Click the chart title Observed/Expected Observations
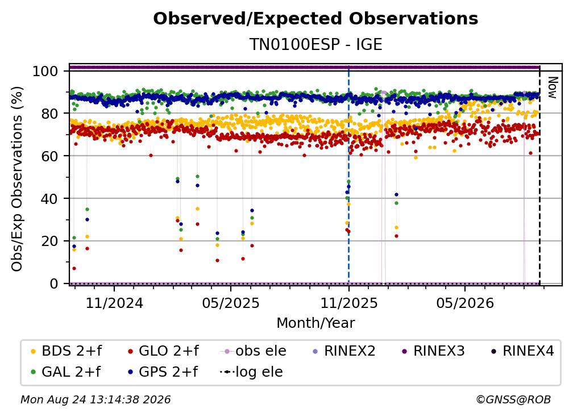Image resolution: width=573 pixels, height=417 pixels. coord(315,19)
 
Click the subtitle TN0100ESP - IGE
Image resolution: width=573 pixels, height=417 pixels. coord(315,44)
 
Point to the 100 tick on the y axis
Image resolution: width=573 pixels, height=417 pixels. coord(45,71)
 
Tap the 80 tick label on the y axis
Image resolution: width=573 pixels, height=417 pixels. coord(49,114)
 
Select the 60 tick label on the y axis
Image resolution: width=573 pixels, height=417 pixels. coord(49,156)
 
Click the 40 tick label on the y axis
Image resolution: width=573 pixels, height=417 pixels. coord(49,199)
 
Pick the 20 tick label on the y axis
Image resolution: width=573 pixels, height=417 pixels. coord(49,241)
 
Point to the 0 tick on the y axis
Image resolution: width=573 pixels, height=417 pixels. coord(54,283)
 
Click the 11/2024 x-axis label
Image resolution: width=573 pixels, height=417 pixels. coord(114,303)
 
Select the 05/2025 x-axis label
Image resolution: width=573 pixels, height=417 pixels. coord(231,303)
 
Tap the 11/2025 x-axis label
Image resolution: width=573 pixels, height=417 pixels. coord(349,303)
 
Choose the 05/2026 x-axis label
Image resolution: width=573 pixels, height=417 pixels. coord(465,303)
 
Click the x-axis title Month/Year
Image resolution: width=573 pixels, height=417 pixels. coord(315,323)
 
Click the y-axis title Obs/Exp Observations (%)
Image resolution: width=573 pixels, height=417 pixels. coord(17,179)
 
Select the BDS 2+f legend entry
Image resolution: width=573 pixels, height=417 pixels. coord(67,351)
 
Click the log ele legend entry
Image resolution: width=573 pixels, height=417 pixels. coord(251,372)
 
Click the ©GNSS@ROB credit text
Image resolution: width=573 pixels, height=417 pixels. coord(513,399)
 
